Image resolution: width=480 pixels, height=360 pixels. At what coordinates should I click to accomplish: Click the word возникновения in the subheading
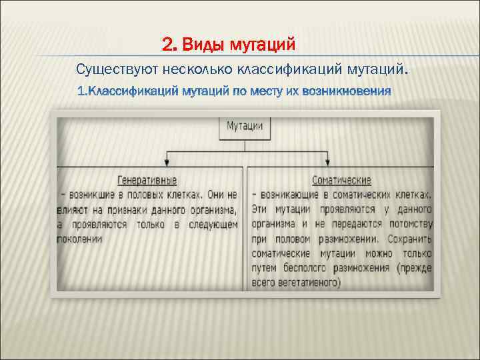pos(346,90)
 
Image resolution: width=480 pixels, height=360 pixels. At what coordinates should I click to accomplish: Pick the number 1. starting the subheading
pos(82,90)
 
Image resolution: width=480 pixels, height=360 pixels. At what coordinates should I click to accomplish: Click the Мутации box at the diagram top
pos(245,126)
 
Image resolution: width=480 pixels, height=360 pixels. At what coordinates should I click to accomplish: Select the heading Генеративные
pos(147,181)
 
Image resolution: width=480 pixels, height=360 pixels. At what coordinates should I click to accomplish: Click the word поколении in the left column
pos(79,239)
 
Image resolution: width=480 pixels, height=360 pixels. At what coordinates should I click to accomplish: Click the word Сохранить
pos(407,239)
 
